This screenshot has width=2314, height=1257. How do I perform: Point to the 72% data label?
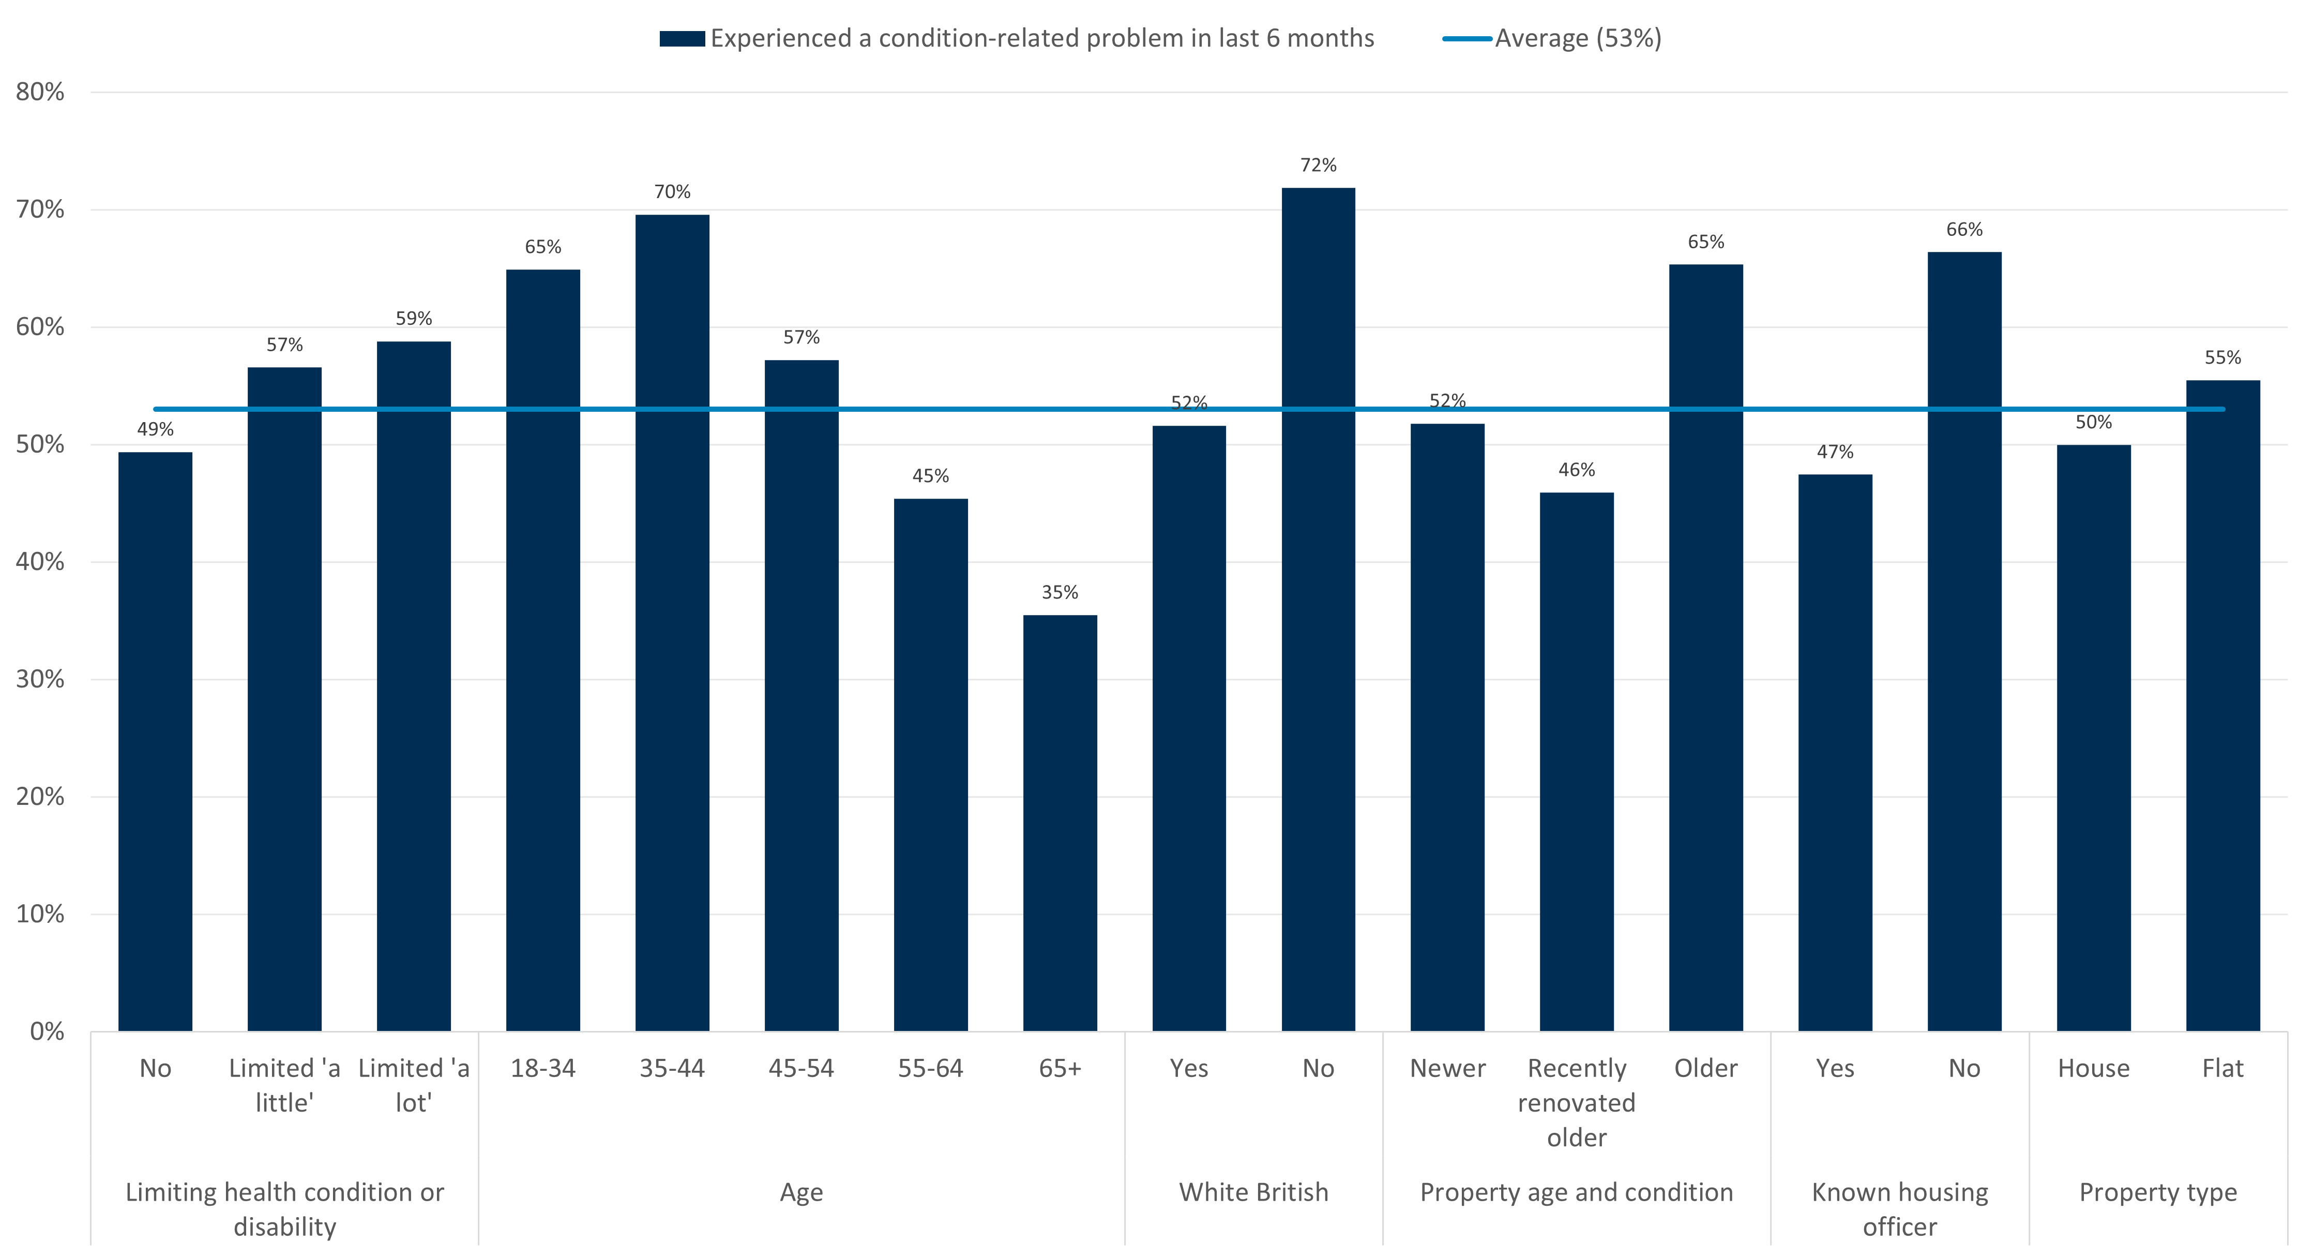click(x=1318, y=166)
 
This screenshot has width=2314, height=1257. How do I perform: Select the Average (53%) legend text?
click(x=1578, y=39)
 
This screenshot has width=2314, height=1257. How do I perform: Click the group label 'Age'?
click(x=800, y=1192)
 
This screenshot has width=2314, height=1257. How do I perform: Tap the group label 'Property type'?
click(x=2158, y=1192)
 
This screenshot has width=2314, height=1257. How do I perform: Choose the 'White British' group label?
click(x=1253, y=1192)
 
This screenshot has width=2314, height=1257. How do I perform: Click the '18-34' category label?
click(x=542, y=1068)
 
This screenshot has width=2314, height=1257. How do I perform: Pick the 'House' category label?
click(x=2093, y=1068)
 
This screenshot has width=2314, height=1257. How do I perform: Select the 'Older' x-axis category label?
click(x=1705, y=1068)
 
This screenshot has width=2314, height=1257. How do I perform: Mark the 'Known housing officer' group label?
click(x=1899, y=1209)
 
